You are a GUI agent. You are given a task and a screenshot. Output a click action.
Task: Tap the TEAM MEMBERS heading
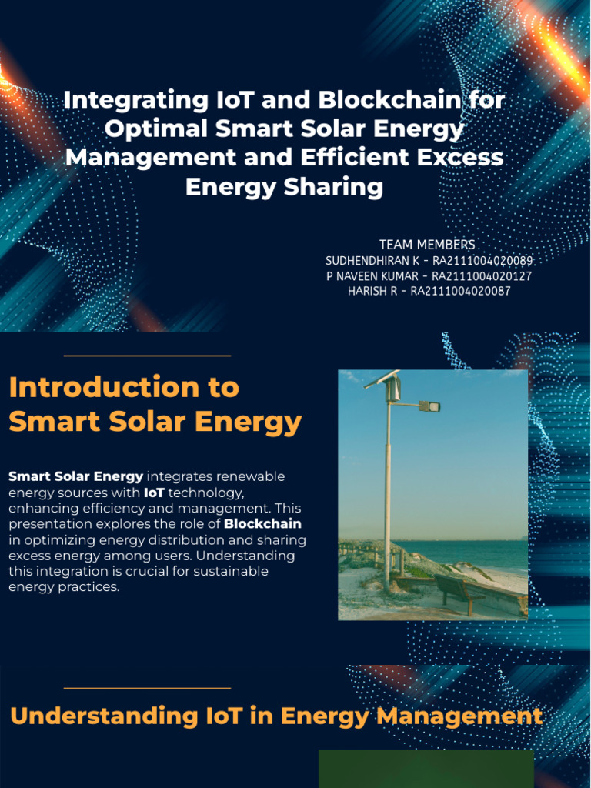(x=427, y=245)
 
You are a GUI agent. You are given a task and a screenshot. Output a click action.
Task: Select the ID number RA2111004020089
(x=482, y=261)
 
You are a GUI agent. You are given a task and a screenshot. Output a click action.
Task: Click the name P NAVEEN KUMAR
(x=372, y=276)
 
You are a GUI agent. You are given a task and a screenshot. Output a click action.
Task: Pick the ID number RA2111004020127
(x=482, y=276)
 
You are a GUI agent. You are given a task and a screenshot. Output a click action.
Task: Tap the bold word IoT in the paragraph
(x=154, y=492)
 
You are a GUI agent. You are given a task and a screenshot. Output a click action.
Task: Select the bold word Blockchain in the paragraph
(x=262, y=524)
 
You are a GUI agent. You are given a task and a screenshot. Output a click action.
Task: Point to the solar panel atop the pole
(x=383, y=379)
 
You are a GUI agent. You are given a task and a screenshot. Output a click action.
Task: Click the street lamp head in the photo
(x=430, y=406)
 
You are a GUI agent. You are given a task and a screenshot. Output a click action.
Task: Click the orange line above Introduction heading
(x=147, y=356)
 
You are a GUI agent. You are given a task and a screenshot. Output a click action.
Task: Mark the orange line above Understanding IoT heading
(x=147, y=688)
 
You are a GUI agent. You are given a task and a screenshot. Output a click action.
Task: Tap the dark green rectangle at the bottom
(x=426, y=769)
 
